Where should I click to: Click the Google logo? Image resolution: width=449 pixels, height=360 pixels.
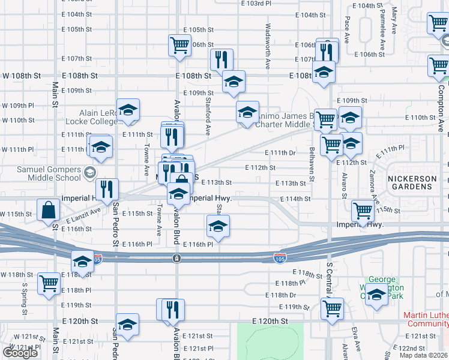(20, 353)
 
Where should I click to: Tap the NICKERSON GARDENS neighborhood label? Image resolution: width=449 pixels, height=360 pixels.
(410, 182)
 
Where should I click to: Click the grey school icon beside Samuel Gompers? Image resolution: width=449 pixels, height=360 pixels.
(90, 173)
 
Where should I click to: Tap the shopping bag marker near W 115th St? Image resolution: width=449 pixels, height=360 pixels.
(48, 211)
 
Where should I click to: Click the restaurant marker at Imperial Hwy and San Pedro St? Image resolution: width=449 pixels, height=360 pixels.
(107, 189)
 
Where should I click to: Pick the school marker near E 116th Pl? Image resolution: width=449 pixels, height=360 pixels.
(218, 226)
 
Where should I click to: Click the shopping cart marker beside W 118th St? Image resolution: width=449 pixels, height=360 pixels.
(49, 283)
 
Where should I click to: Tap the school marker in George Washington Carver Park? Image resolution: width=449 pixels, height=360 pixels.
(376, 295)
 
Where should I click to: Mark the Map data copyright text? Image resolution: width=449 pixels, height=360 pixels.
(423, 355)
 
